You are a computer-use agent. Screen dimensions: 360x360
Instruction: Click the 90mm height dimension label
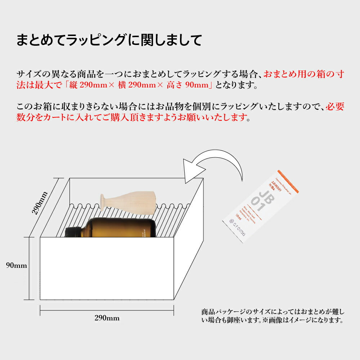17,266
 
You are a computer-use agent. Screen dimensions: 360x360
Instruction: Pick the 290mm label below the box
107,318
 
